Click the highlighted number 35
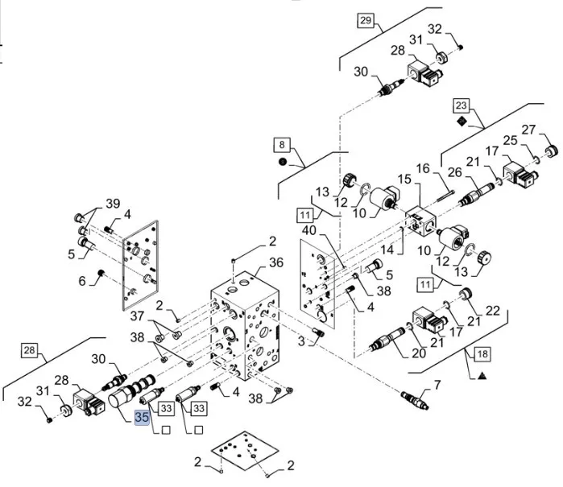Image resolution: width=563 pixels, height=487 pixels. point(142,417)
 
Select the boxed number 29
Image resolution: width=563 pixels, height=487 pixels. point(366,22)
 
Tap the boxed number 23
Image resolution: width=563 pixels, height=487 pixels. point(460,105)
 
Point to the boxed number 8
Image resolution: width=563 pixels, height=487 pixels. point(283,145)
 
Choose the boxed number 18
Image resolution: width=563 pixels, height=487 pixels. point(482,353)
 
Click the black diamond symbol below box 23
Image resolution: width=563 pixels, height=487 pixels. point(460,120)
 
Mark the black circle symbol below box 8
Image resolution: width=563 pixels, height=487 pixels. point(283,161)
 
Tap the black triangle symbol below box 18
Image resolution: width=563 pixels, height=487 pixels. point(482,375)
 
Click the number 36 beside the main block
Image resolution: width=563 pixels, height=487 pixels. point(276,262)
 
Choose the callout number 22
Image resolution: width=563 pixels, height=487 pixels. point(493,310)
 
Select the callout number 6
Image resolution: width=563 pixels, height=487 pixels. point(81,282)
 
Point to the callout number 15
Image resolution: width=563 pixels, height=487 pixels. point(404,178)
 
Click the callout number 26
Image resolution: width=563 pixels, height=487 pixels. point(453,171)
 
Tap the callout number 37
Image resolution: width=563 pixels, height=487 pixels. point(138,316)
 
